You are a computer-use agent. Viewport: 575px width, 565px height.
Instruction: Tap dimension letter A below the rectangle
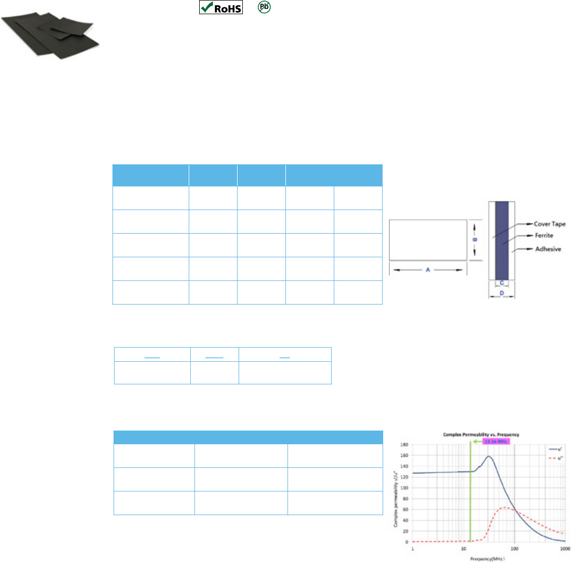(x=428, y=270)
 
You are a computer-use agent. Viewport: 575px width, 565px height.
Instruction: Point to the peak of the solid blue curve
(x=489, y=456)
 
